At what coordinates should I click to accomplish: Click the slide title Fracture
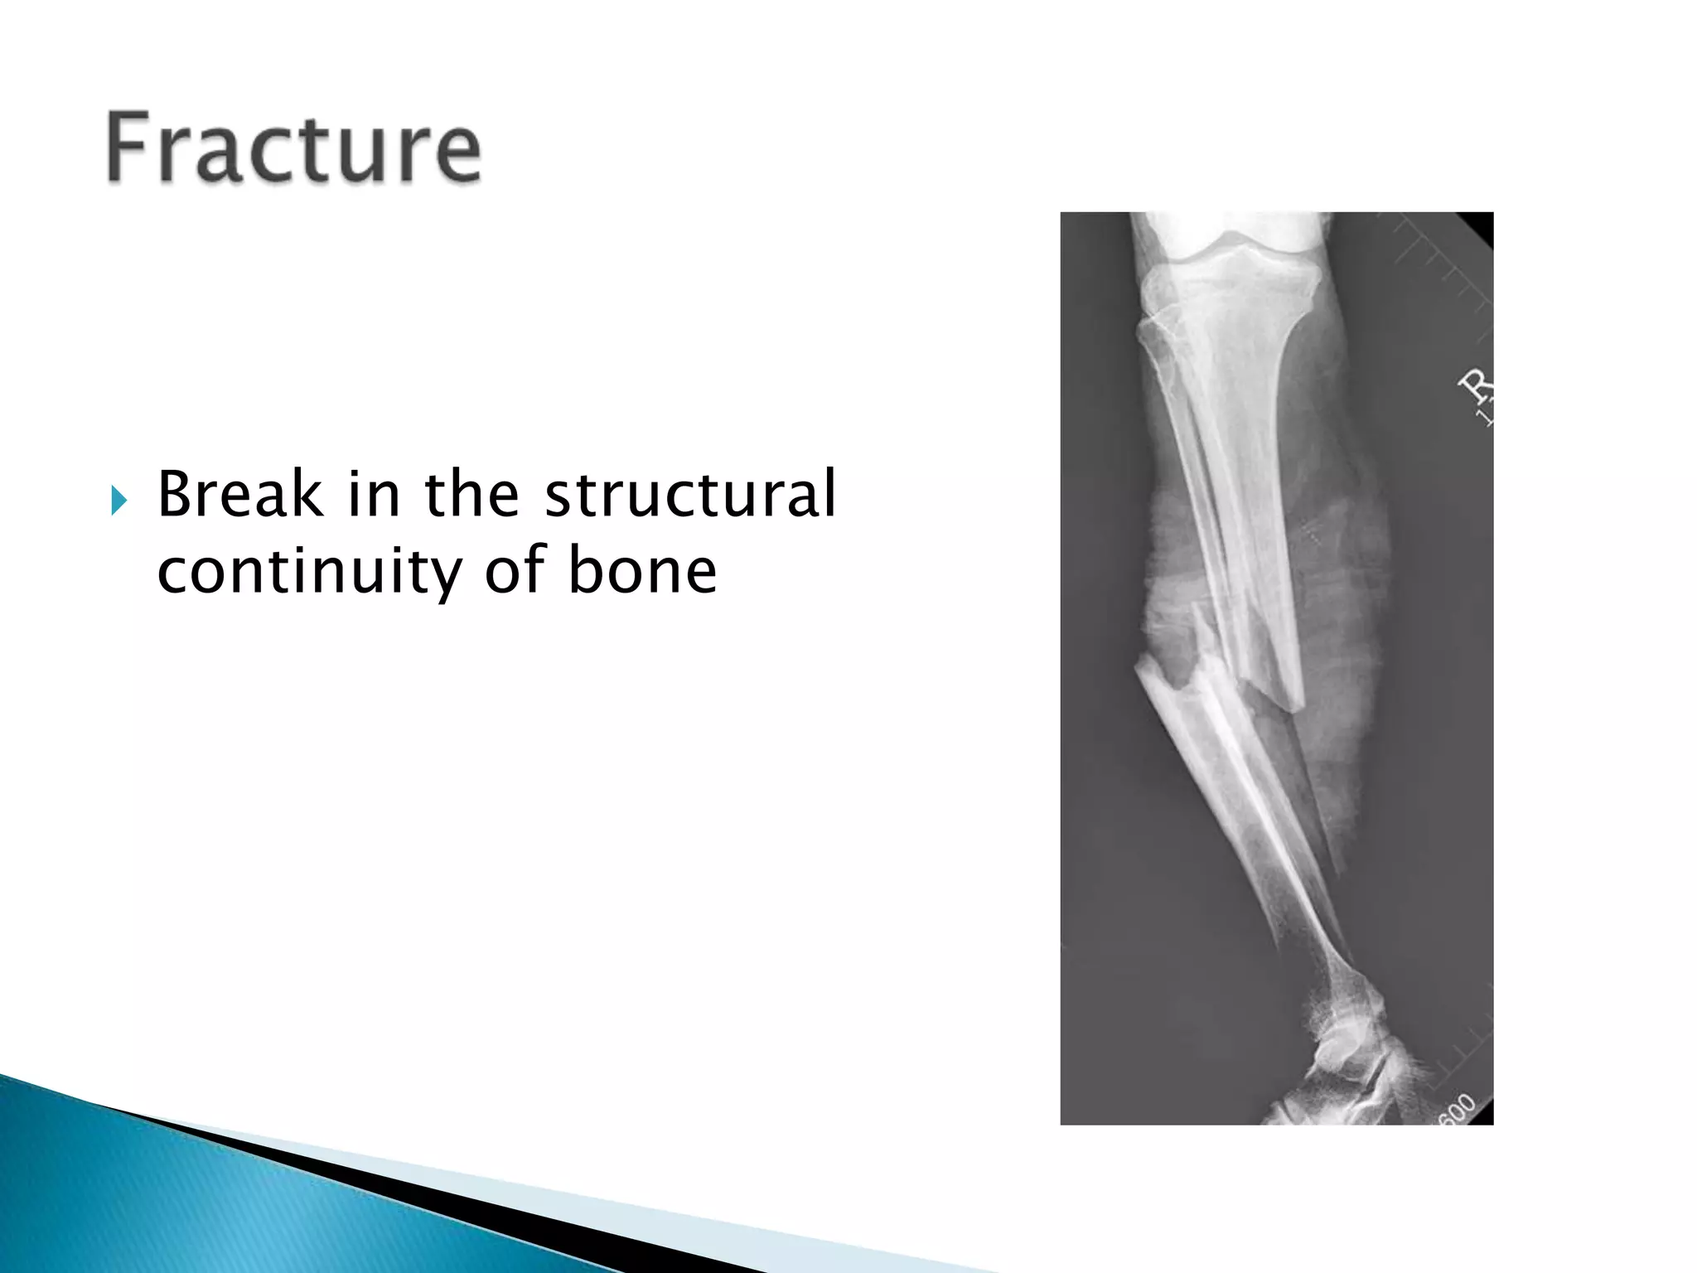coord(293,150)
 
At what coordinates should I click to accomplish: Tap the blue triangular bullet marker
coord(119,501)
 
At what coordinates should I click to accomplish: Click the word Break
coord(239,495)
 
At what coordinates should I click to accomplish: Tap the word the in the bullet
coord(471,495)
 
